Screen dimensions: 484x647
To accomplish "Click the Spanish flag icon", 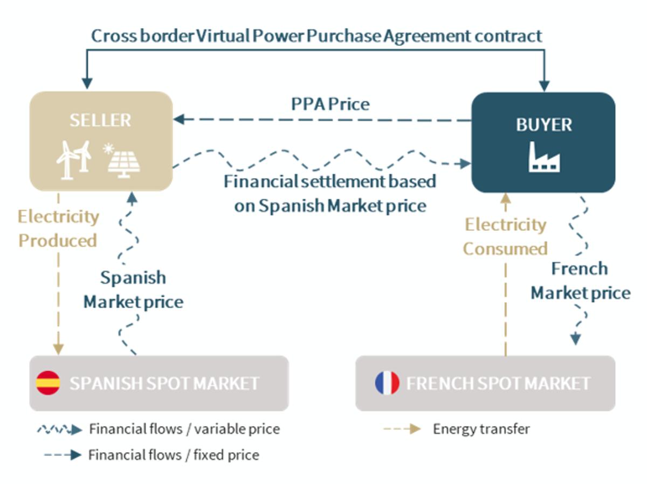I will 48,383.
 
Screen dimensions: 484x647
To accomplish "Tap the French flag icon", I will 387,383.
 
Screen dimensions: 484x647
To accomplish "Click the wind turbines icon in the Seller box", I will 74,159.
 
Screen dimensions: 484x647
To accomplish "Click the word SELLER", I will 100,120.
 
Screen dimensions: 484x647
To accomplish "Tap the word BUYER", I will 543,125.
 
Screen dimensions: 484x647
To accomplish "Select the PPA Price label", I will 331,104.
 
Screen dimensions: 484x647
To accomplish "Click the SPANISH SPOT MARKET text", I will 164,384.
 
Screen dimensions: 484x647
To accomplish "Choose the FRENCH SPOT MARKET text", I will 498,384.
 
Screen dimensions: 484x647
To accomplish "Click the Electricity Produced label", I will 58,228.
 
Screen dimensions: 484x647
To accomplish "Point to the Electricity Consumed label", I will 505,236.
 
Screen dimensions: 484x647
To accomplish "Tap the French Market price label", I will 580,281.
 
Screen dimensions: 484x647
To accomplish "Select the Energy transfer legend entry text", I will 481,429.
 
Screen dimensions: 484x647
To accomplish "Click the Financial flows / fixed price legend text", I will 174,455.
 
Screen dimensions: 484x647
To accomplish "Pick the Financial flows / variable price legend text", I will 184,430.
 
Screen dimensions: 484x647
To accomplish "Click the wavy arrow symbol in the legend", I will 59,430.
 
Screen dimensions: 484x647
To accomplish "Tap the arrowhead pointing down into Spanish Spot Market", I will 58,349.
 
